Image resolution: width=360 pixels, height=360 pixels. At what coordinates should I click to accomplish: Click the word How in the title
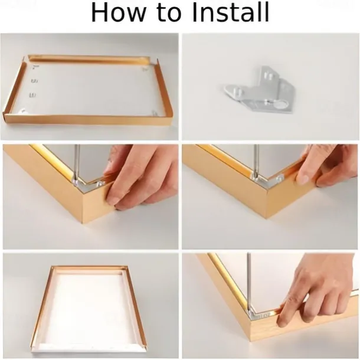pyautogui.click(x=117, y=12)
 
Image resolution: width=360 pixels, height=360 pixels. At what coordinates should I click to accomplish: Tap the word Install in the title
pyautogui.click(x=230, y=12)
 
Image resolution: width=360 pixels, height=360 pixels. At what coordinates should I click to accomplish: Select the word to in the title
pyautogui.click(x=168, y=14)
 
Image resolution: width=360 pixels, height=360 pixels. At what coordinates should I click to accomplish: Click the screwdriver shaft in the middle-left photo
pyautogui.click(x=77, y=162)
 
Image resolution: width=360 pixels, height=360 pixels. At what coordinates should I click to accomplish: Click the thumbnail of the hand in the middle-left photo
pyautogui.click(x=113, y=199)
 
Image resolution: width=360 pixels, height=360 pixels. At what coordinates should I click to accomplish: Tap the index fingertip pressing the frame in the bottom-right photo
pyautogui.click(x=282, y=321)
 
